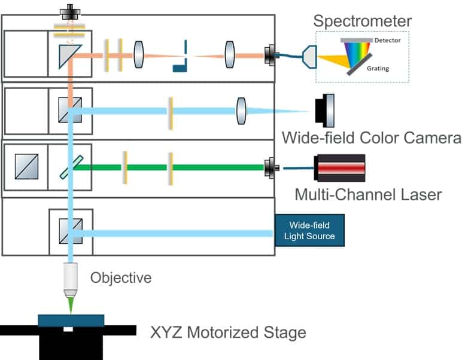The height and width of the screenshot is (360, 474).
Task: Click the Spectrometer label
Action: coord(363,22)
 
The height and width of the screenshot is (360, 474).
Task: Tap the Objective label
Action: coord(120,278)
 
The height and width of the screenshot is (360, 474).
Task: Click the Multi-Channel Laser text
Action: coord(368,194)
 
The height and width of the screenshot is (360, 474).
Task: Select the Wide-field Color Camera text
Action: coord(372,138)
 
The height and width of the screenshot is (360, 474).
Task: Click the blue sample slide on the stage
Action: coord(71,321)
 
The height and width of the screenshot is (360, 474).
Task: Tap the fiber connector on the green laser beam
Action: coord(271,168)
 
